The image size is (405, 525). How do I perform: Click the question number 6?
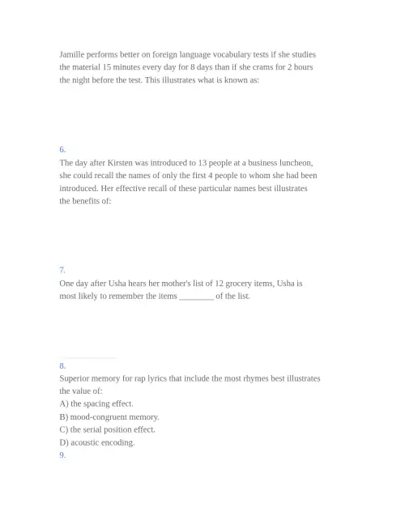coord(62,149)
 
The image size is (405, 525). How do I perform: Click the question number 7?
coord(62,270)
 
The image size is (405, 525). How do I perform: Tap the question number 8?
coord(62,365)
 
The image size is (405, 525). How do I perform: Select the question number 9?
coord(62,455)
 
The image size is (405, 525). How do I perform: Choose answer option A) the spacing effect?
coord(96,403)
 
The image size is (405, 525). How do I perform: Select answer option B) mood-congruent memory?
coord(109,416)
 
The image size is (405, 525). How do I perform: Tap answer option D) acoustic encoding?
coord(97,442)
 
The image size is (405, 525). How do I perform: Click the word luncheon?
coord(294,162)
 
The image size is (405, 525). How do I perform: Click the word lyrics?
coord(177,378)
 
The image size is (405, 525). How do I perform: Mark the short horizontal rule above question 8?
coord(88,357)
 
